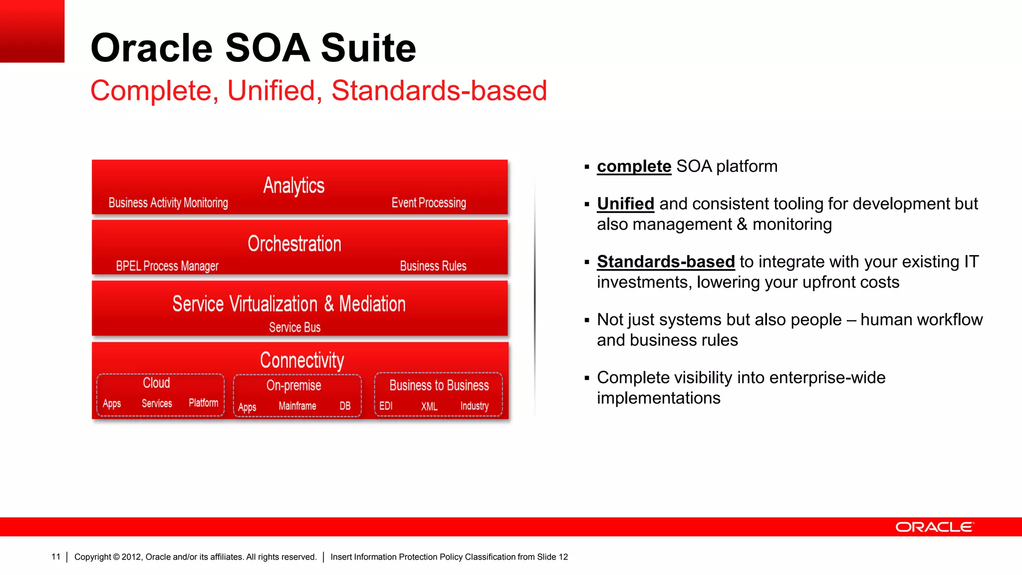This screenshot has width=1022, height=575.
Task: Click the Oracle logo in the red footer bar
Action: (x=934, y=527)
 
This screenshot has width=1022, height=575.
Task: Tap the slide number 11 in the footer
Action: (x=56, y=557)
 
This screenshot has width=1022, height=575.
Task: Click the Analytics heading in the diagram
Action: (x=294, y=186)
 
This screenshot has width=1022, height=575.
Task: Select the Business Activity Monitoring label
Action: (x=168, y=203)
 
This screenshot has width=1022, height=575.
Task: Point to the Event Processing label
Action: (x=429, y=203)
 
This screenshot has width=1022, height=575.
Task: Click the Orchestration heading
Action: (x=294, y=244)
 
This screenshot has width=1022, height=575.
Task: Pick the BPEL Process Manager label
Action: (x=167, y=266)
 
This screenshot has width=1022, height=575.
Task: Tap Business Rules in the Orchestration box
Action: (x=433, y=266)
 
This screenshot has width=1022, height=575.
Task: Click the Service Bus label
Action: (x=294, y=327)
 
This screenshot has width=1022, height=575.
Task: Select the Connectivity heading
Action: (x=302, y=360)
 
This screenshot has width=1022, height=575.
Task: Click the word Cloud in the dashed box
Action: (x=156, y=383)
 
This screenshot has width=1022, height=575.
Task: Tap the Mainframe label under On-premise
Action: (x=297, y=406)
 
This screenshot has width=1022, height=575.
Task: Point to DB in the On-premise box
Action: (x=345, y=406)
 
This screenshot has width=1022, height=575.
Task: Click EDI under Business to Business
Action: (x=386, y=406)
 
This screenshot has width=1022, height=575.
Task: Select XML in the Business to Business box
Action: (x=429, y=406)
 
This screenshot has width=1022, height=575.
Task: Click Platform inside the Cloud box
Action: (x=203, y=403)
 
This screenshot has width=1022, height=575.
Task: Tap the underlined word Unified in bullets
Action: (x=625, y=204)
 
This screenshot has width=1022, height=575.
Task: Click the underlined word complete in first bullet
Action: (x=634, y=166)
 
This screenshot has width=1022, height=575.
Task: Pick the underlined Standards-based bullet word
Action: (x=666, y=262)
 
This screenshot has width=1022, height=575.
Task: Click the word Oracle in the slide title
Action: (x=152, y=48)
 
